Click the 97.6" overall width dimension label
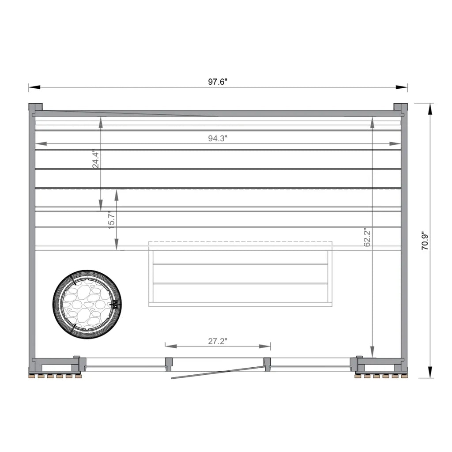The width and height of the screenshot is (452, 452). pos(218,82)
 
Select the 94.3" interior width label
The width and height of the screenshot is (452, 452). pos(218,138)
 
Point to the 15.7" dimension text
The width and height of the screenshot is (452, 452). pos(112,218)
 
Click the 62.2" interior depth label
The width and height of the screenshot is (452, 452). pos(368,237)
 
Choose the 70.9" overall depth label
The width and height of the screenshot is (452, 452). pos(425,241)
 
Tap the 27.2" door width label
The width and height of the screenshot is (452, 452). pos(218,341)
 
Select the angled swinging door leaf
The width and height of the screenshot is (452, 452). pos(216,373)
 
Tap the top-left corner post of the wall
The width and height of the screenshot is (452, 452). pos(35,107)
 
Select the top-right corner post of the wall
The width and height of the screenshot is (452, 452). pos(400,107)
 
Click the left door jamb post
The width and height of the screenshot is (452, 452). pos(169,363)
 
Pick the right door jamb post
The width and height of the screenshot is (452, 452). pos(267,362)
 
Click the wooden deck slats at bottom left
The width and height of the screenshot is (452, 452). pos(55,376)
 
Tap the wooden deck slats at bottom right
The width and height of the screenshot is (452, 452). pos(380,376)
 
